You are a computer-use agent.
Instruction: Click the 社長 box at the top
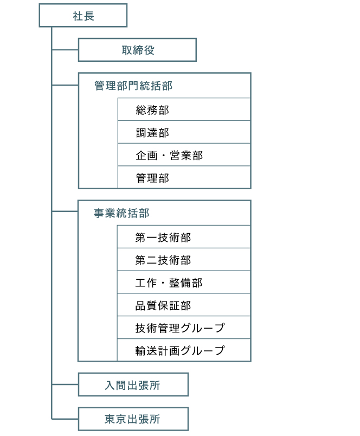[x=83, y=15]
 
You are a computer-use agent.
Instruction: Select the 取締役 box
[x=137, y=50]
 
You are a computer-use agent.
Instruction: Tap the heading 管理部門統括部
[x=133, y=86]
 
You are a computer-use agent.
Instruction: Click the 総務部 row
[x=184, y=110]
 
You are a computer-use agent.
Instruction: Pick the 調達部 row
[x=184, y=132]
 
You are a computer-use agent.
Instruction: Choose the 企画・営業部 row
[x=184, y=155]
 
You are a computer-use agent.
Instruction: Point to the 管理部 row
[x=184, y=177]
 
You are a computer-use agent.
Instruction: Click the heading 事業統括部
[x=121, y=213]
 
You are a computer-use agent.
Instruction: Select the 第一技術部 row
[x=184, y=237]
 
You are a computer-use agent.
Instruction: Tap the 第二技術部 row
[x=184, y=260]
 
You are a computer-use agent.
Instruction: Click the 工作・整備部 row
[x=184, y=282]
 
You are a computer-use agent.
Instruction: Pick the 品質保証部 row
[x=184, y=305]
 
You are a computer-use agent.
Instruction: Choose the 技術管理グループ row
[x=184, y=328]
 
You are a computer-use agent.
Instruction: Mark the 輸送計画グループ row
[x=184, y=350]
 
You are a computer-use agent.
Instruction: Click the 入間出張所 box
[x=133, y=384]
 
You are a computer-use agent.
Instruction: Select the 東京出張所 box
[x=133, y=419]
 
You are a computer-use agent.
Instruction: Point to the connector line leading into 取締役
[x=65, y=50]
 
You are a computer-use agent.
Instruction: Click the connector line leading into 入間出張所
[x=65, y=384]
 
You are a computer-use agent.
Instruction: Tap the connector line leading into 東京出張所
[x=65, y=419]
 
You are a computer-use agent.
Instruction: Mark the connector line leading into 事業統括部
[x=65, y=211]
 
